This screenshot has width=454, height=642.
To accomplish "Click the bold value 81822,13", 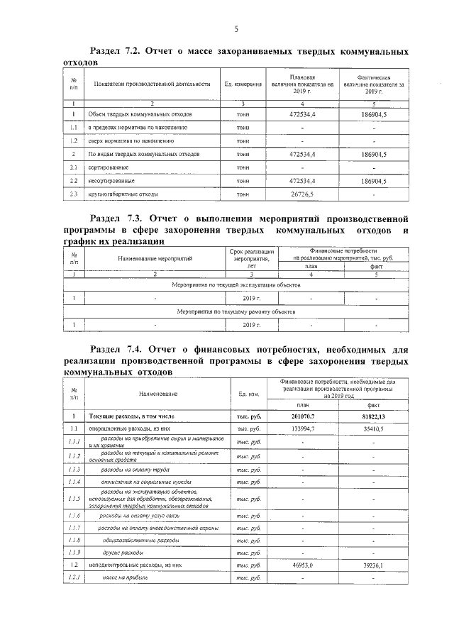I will pyautogui.click(x=373, y=416).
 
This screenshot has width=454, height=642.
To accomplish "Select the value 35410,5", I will pyautogui.click(x=373, y=429).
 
